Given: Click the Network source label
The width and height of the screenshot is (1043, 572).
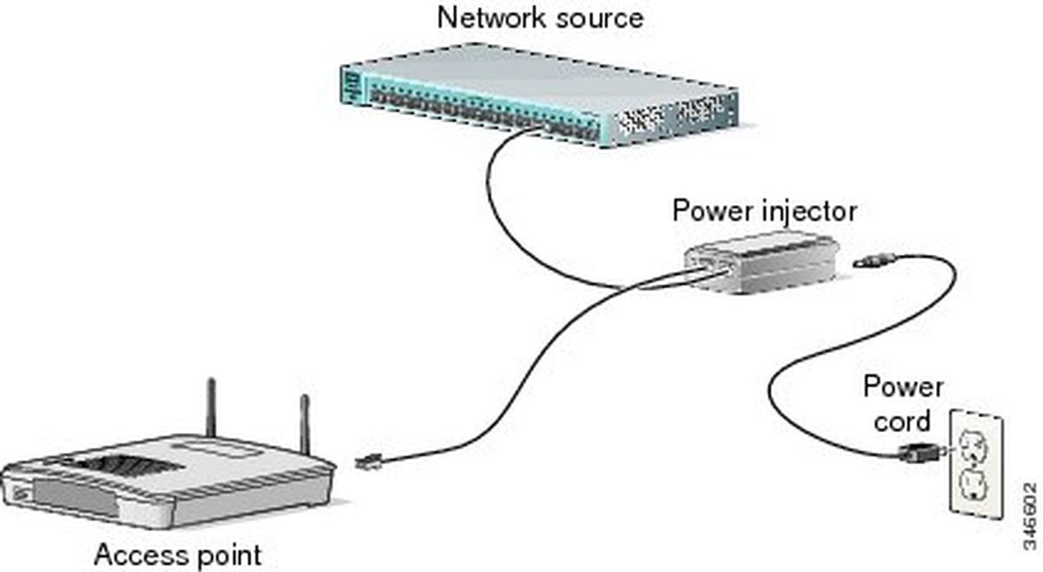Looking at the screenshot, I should [541, 17].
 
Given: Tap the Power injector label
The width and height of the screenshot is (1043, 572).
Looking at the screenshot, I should [764, 211].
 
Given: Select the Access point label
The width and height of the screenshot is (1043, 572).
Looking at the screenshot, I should [177, 554].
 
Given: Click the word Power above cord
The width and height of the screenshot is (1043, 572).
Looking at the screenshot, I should [903, 387].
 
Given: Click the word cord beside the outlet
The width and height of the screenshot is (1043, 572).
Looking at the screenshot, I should [898, 422].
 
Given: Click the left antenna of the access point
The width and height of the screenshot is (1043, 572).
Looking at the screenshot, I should [209, 409].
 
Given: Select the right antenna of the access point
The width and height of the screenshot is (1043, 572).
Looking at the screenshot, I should [304, 424].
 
